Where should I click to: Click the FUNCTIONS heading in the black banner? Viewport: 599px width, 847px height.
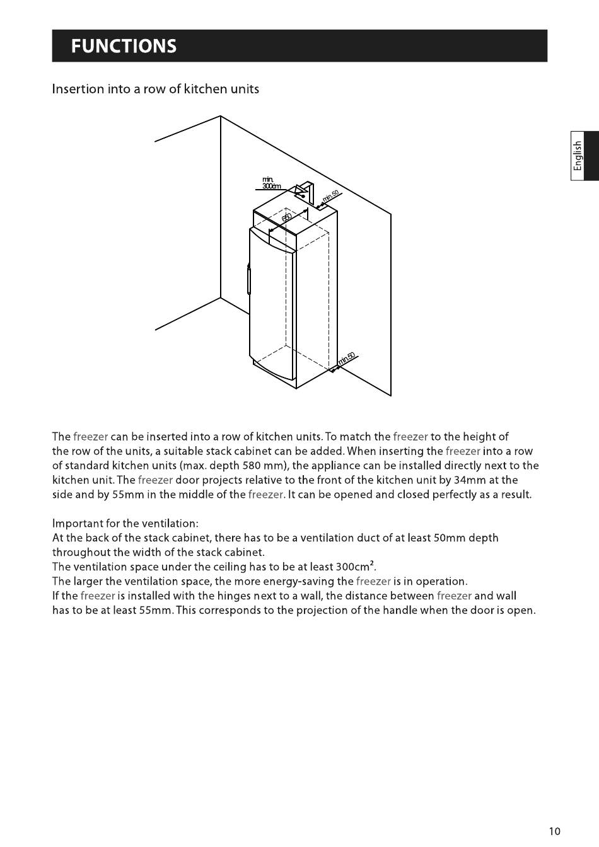[124, 46]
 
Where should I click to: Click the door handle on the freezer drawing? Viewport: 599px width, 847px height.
[249, 280]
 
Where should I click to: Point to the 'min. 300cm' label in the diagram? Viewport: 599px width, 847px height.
[271, 183]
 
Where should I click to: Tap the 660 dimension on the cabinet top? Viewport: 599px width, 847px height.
[287, 217]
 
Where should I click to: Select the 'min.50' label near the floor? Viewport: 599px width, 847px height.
[347, 359]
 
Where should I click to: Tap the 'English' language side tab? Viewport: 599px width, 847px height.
[578, 156]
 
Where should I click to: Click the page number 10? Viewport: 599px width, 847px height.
[554, 831]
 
